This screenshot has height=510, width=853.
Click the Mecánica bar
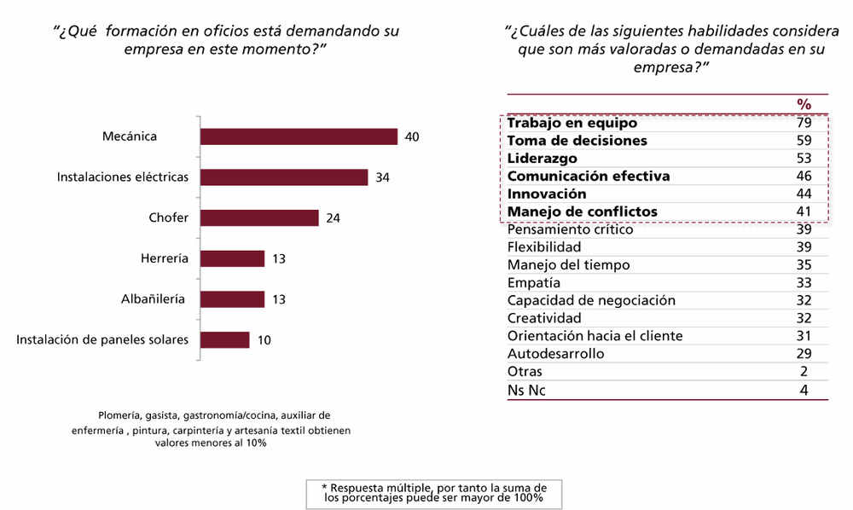coord(299,136)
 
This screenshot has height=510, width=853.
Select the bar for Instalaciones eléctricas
coord(283,177)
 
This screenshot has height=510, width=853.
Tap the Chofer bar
coord(259,217)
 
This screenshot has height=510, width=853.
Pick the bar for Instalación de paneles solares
coord(224,339)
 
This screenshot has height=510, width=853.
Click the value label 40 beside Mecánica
coord(412,136)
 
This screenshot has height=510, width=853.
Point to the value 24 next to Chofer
coord(333,218)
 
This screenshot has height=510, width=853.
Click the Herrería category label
coord(165,258)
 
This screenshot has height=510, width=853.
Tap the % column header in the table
coord(804,103)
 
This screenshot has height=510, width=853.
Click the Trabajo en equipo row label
coord(572,123)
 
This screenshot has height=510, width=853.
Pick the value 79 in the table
coord(803,123)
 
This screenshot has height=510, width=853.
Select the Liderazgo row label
coord(542,159)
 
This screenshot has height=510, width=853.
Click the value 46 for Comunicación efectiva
coord(803,177)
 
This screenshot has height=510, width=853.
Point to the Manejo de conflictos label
coord(582,212)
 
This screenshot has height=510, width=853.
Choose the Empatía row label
coord(534,282)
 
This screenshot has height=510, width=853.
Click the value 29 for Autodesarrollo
coord(803,353)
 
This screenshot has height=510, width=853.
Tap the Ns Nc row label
coord(526,391)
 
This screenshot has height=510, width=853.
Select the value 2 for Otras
coord(803,372)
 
